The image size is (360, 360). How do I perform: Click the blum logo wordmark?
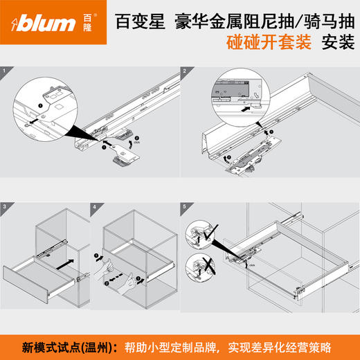(x=46, y=24)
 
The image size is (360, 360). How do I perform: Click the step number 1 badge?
(x=6, y=71)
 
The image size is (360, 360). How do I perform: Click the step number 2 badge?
(x=185, y=71)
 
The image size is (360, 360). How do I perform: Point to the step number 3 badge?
(x=6, y=207)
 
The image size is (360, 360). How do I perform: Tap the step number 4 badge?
(x=96, y=207)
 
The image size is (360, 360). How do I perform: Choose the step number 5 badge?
(x=185, y=207)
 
